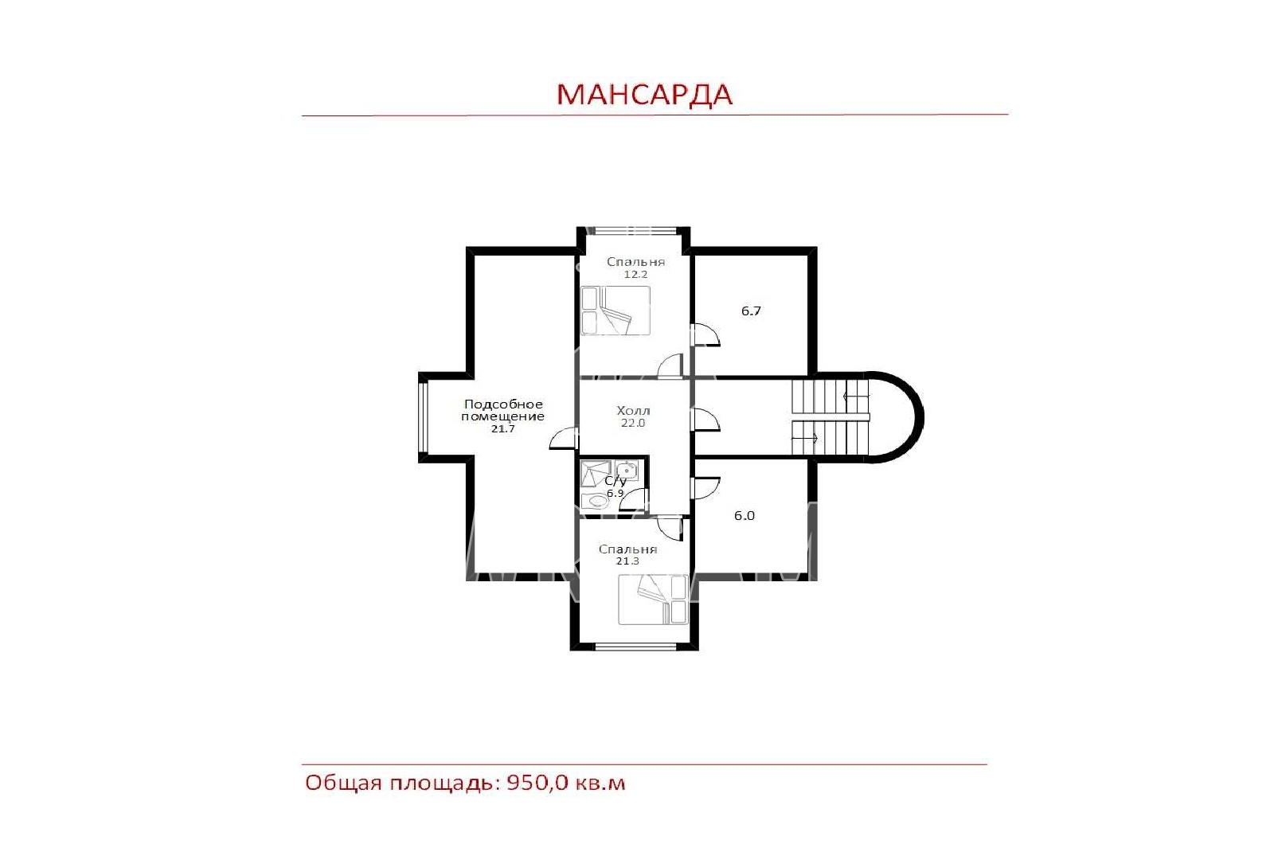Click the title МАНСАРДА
[x=644, y=95]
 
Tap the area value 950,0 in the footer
[x=537, y=783]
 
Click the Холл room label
[x=633, y=411]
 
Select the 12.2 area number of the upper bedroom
[x=636, y=274]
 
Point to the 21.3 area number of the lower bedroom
[x=627, y=561]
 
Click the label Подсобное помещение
[x=502, y=410]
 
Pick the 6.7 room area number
[x=751, y=311]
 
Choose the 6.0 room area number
[x=744, y=516]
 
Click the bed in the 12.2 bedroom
[x=616, y=311]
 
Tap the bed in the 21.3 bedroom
[x=653, y=600]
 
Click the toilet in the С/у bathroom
[x=596, y=501]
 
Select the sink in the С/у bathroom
[x=626, y=471]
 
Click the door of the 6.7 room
[x=705, y=334]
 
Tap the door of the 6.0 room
[x=705, y=487]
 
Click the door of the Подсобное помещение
[x=564, y=438]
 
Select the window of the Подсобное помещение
[x=423, y=418]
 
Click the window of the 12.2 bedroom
[x=633, y=230]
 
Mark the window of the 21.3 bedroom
[x=635, y=646]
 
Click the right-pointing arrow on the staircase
[x=805, y=439]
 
